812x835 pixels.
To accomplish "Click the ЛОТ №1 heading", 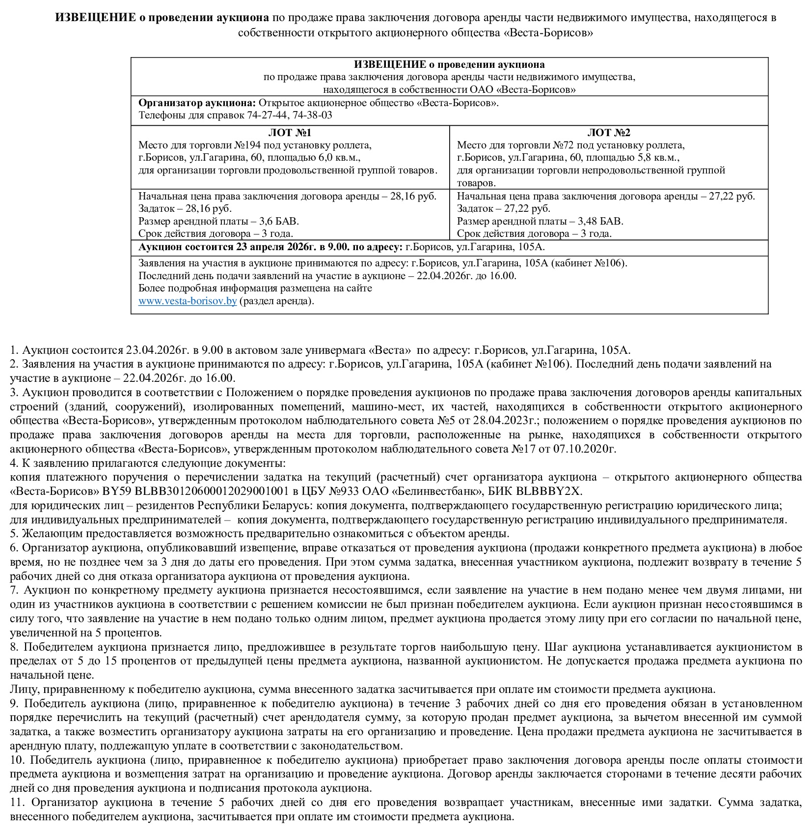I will tap(290, 133).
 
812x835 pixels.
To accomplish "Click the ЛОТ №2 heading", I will tap(609, 133).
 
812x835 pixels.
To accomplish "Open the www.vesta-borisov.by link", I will tap(188, 301).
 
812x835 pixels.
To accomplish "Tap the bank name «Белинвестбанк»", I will tap(440, 491).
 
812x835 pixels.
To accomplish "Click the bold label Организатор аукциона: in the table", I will tap(197, 103).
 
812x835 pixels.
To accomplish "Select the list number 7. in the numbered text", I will tap(14, 590).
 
